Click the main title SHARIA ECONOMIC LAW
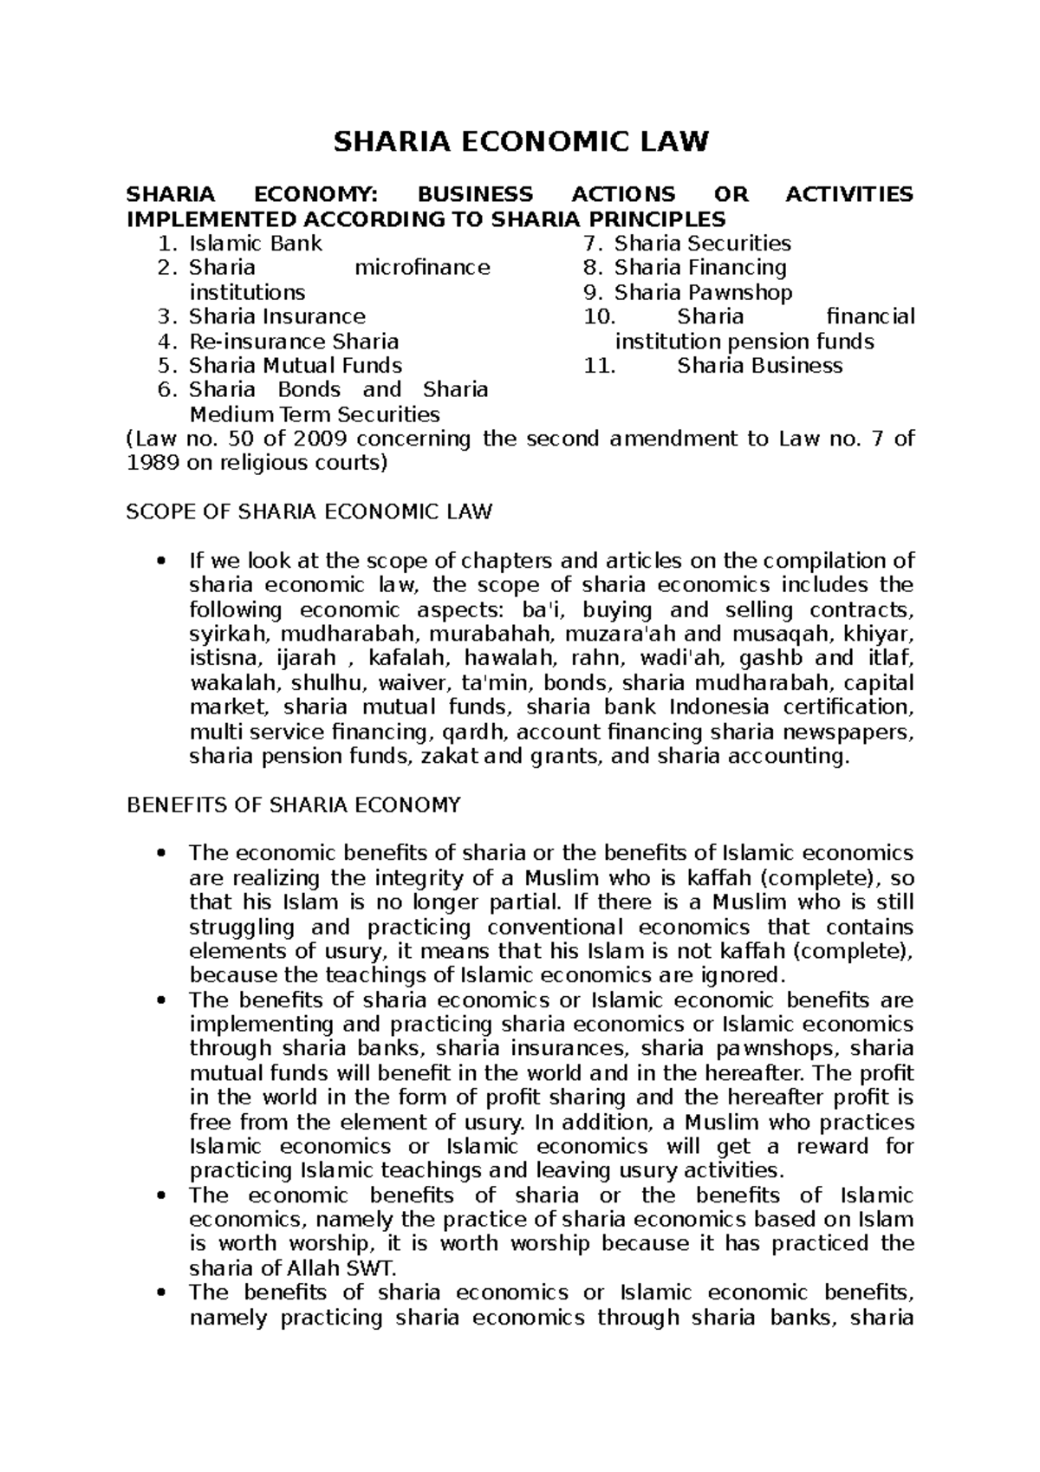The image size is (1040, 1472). (521, 141)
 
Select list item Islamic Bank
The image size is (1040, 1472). (255, 244)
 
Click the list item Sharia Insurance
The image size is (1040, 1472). (276, 317)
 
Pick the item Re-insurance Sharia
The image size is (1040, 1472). (293, 342)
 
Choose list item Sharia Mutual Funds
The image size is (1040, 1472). (295, 366)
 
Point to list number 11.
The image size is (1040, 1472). (600, 366)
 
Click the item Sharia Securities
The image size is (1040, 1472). (702, 244)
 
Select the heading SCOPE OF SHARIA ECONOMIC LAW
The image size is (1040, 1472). (309, 512)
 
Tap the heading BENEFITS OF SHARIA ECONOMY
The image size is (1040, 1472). (294, 805)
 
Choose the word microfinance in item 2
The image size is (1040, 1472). (422, 268)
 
